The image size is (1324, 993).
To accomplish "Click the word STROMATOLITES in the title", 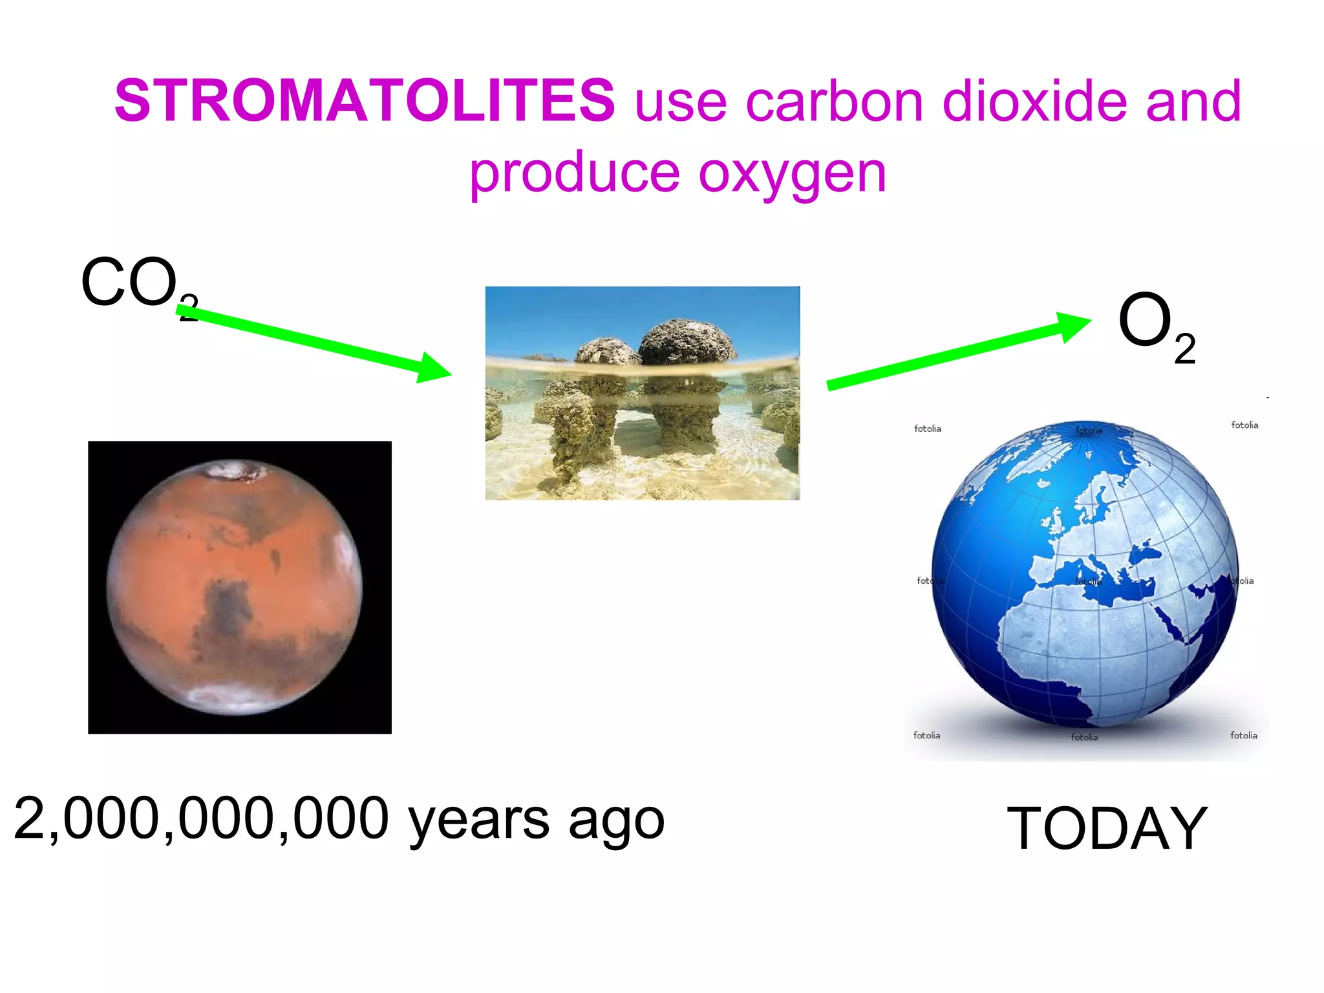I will (365, 100).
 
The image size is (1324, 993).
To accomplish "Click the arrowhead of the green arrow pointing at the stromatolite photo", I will (435, 368).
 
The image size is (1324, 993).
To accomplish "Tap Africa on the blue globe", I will (1073, 646).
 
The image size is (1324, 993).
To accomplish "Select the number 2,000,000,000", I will (201, 818).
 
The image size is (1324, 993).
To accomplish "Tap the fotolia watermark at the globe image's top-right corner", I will (1244, 425).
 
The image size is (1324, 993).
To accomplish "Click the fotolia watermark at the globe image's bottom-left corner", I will (926, 735).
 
